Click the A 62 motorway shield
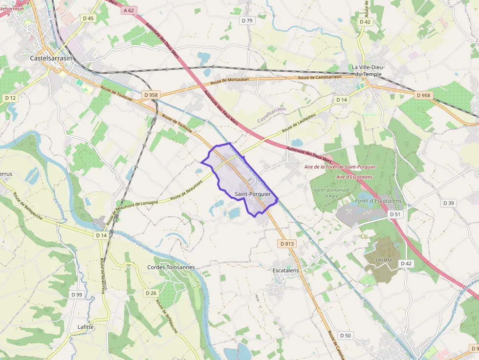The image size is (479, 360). (x=129, y=10)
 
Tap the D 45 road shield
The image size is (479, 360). (x=88, y=18)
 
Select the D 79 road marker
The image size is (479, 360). (x=247, y=21)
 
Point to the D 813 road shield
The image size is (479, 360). (x=287, y=243)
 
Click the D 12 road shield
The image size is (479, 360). (x=11, y=98)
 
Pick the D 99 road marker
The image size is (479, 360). (x=76, y=295)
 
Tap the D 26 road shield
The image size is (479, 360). (x=151, y=293)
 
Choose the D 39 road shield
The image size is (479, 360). (x=448, y=203)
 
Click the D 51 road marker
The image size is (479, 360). (x=395, y=214)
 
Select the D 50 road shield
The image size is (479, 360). (x=345, y=336)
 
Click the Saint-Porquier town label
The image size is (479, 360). (x=253, y=194)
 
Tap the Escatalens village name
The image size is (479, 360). (x=285, y=270)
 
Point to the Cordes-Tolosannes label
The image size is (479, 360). (x=171, y=267)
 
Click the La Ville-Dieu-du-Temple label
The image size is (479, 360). (x=369, y=70)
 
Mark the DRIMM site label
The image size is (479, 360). (x=384, y=260)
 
